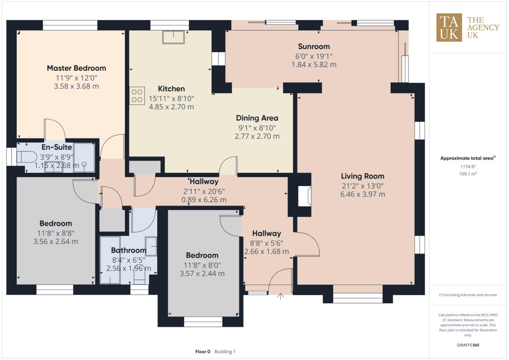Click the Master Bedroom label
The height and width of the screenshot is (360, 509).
tap(76, 68)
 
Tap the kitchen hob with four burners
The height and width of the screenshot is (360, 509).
tap(137, 95)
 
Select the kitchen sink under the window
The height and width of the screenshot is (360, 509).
tap(173, 37)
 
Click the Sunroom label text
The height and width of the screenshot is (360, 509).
tap(313, 47)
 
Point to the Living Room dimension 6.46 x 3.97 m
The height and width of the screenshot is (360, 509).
tap(362, 194)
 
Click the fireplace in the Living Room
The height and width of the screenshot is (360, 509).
tap(305, 196)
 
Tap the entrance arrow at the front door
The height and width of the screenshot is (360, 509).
tap(280, 296)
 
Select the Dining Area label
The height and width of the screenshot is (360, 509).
tap(257, 118)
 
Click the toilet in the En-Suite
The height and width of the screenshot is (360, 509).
tap(27, 157)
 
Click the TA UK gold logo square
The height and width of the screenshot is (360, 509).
tap(449, 28)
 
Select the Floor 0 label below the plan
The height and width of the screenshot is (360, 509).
tap(203, 352)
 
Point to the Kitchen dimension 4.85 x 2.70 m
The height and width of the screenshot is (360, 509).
tap(171, 107)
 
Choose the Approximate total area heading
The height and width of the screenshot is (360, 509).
tap(467, 158)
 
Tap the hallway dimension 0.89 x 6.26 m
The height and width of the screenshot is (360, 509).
tap(204, 200)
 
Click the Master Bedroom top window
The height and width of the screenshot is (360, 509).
tap(70, 25)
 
